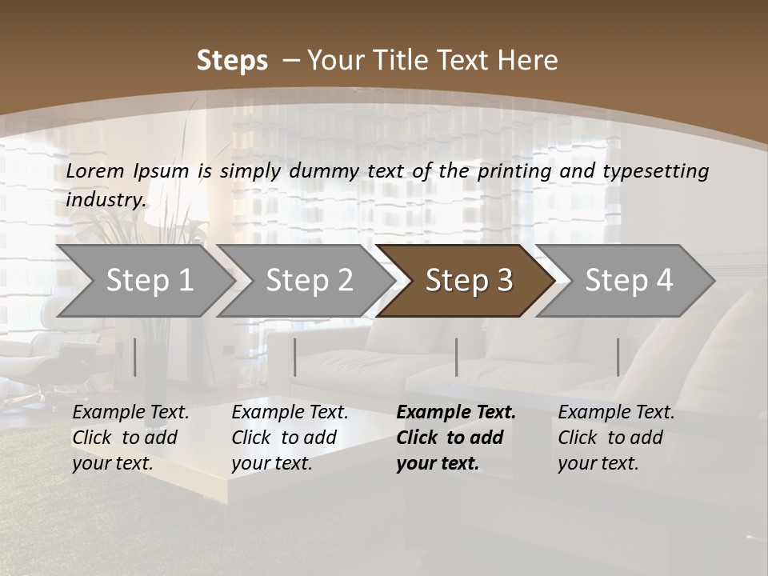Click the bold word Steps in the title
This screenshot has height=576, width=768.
tap(232, 61)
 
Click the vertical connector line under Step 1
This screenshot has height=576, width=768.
tap(135, 357)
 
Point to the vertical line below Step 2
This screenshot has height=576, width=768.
tap(295, 357)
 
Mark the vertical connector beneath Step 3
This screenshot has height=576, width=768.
tap(457, 357)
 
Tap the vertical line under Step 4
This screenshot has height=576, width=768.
tap(618, 357)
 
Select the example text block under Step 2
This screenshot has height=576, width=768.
tap(289, 438)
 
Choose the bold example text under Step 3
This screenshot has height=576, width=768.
tap(455, 438)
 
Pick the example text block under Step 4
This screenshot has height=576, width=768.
tap(615, 438)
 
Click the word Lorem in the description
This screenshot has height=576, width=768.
tap(95, 171)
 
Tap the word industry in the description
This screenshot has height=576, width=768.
tap(106, 200)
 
